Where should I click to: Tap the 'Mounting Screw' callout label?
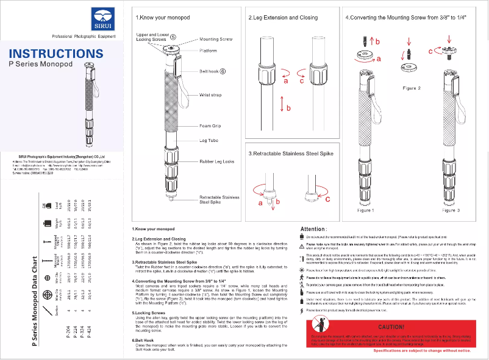tap(216, 39)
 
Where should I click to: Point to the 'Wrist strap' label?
tap(210, 95)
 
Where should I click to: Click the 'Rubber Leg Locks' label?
tap(216, 161)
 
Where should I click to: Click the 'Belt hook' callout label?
tap(209, 71)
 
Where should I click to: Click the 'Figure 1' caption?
tap(366, 210)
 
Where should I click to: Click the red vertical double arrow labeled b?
tap(281, 104)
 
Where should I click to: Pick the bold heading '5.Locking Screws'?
tap(150, 312)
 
